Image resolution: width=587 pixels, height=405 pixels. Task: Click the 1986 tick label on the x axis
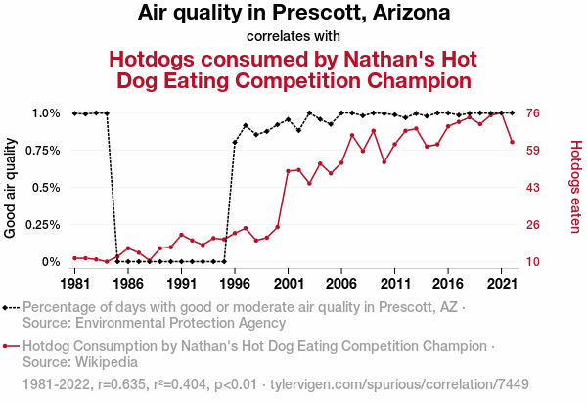(x=128, y=283)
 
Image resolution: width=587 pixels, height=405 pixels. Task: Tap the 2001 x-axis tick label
(x=288, y=283)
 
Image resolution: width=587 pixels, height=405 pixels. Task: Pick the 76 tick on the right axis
(x=534, y=113)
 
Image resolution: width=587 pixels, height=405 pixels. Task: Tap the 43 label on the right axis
(x=534, y=188)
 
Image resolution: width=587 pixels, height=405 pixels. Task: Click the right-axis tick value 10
(x=534, y=262)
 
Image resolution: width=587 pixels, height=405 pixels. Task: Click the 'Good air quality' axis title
(x=11, y=188)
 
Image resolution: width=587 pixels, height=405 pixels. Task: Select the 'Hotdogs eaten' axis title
(x=576, y=188)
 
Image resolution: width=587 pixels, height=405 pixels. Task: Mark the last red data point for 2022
(x=513, y=142)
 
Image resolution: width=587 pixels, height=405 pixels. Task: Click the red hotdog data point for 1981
(x=75, y=258)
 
